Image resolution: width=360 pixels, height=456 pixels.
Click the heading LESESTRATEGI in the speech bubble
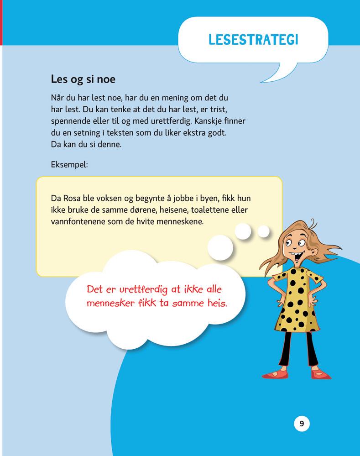click(253, 39)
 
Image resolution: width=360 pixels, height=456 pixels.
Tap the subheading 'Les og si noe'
click(83, 79)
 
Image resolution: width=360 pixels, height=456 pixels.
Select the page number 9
click(302, 424)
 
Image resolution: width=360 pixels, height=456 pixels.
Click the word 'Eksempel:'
click(69, 164)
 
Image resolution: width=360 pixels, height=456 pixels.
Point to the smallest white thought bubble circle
click(263, 231)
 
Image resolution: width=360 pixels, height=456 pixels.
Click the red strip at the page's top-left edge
click(1, 23)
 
